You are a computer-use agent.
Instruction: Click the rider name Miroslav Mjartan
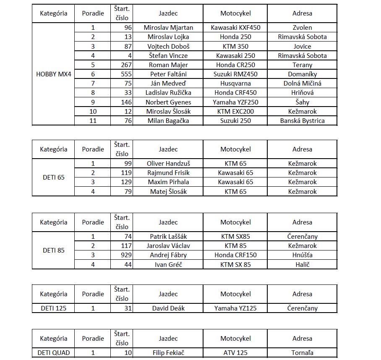tap(168, 28)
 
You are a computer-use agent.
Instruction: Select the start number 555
tap(126, 74)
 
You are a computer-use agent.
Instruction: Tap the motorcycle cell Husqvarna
tap(235, 83)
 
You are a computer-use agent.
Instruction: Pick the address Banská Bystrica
tap(302, 121)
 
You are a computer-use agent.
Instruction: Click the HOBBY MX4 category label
tap(54, 74)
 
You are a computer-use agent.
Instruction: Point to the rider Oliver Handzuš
tap(168, 164)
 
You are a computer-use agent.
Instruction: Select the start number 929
tap(125, 255)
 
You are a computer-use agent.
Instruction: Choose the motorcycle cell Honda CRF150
tap(235, 255)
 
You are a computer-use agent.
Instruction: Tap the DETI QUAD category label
tap(54, 353)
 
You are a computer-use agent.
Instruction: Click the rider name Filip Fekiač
tap(168, 353)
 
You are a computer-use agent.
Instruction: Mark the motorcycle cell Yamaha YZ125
tap(235, 308)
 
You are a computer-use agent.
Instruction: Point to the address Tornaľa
tap(302, 353)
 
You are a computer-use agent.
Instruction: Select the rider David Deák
tap(168, 308)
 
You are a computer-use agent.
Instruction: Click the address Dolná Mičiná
tap(302, 83)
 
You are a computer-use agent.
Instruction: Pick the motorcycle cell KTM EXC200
tap(235, 112)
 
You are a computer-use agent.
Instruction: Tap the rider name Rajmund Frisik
tap(168, 173)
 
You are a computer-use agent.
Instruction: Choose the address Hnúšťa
tap(302, 255)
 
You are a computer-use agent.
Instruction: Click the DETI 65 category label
tap(54, 177)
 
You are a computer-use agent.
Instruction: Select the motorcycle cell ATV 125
tap(235, 353)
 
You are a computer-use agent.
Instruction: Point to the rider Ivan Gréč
tap(168, 265)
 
